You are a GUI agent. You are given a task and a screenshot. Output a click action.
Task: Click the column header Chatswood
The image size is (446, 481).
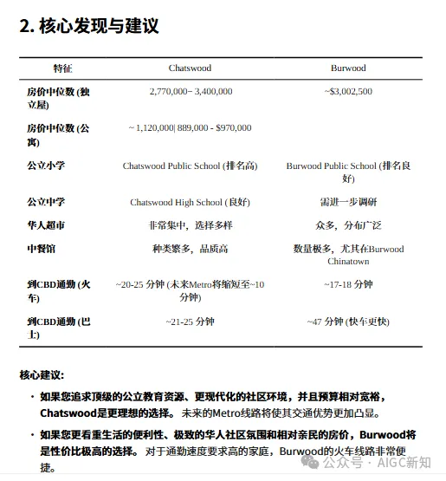(190, 68)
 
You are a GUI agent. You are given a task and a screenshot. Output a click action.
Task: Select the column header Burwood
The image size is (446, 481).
(348, 68)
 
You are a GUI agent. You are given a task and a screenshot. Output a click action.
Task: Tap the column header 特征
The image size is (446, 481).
(63, 68)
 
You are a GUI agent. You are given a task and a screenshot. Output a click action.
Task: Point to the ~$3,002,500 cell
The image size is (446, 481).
(348, 91)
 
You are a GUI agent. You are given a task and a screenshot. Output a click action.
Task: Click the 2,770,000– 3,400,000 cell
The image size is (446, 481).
(191, 91)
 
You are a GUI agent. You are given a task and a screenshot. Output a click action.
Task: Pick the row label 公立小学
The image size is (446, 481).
(46, 166)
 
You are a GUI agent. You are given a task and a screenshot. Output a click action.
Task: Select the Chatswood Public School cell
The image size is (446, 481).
(190, 166)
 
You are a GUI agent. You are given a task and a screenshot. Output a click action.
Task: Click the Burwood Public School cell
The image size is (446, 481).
(348, 172)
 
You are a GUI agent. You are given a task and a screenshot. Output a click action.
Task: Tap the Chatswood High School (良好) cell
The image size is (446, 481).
(190, 202)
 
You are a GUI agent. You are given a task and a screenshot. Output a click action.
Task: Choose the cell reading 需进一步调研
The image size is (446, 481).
(348, 202)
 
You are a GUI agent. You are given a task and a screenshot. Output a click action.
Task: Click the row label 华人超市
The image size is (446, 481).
(46, 225)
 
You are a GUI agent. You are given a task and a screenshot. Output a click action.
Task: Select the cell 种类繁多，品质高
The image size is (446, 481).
(190, 249)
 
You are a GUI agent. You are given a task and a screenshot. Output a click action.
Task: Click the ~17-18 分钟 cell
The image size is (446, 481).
(348, 284)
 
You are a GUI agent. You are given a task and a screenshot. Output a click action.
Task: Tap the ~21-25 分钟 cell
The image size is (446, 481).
(190, 322)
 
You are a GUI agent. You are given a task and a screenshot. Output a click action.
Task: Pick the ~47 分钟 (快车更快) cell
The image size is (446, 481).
(348, 322)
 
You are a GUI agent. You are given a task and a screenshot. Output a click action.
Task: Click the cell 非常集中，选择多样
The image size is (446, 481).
(190, 225)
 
